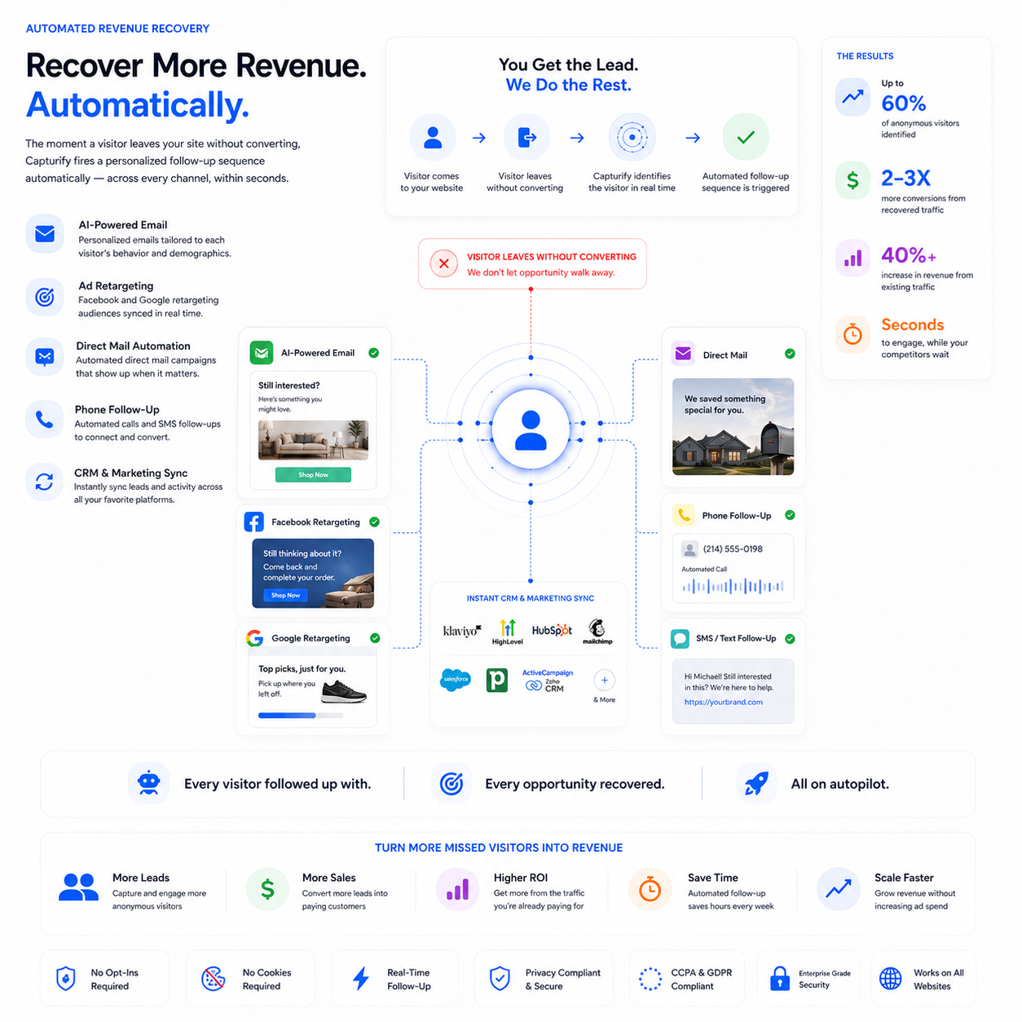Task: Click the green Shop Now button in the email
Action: [x=313, y=474]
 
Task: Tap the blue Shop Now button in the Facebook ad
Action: [x=285, y=595]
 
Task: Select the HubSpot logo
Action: [x=552, y=630]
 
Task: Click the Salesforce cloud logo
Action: [x=455, y=680]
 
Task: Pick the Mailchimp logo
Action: [x=597, y=631]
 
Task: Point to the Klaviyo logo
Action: [x=462, y=631]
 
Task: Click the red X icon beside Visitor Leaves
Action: [x=444, y=263]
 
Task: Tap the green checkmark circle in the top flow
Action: [x=745, y=138]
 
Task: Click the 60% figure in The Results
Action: [x=903, y=103]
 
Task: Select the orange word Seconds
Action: [x=912, y=324]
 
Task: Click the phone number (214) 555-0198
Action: [x=733, y=549]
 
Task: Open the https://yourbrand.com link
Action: [x=724, y=702]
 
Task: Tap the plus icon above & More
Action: [x=604, y=680]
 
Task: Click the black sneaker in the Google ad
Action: [x=343, y=692]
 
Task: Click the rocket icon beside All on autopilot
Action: [x=756, y=783]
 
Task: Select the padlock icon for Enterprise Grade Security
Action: [x=779, y=979]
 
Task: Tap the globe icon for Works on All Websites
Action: [x=890, y=979]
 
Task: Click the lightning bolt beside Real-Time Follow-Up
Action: [x=361, y=979]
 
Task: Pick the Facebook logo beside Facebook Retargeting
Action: [x=253, y=522]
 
